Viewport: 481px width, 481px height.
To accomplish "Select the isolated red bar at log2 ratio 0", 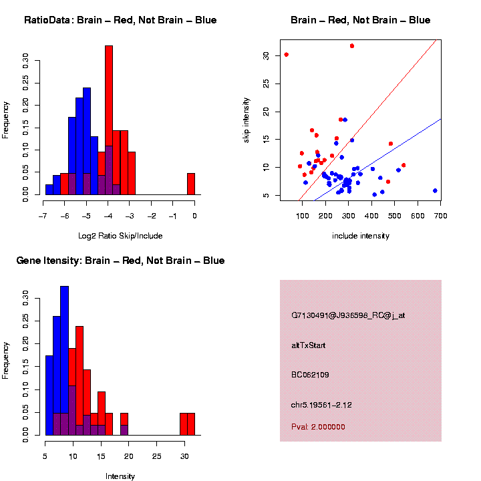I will (191, 184).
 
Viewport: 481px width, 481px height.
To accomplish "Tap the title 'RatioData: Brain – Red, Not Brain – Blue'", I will (120, 20).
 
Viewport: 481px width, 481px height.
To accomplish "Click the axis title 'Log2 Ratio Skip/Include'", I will (120, 236).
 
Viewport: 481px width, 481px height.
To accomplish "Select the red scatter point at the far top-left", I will (287, 55).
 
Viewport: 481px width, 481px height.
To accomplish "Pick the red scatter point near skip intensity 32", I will (352, 46).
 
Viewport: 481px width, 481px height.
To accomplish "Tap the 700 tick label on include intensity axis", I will (440, 216).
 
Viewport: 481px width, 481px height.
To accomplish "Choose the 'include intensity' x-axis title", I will (361, 236).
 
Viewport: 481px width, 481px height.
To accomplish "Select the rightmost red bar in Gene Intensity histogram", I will (191, 424).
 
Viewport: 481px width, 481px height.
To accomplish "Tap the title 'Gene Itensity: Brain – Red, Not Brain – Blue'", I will (120, 261).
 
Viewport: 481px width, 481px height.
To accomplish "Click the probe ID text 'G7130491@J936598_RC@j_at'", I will (348, 315).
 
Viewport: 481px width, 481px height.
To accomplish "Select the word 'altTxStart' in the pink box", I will (309, 345).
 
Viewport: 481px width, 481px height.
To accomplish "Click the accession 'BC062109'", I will (311, 375).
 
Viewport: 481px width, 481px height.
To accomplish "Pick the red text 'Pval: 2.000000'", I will (319, 426).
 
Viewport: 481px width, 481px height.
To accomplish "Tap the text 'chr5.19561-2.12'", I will (321, 405).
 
